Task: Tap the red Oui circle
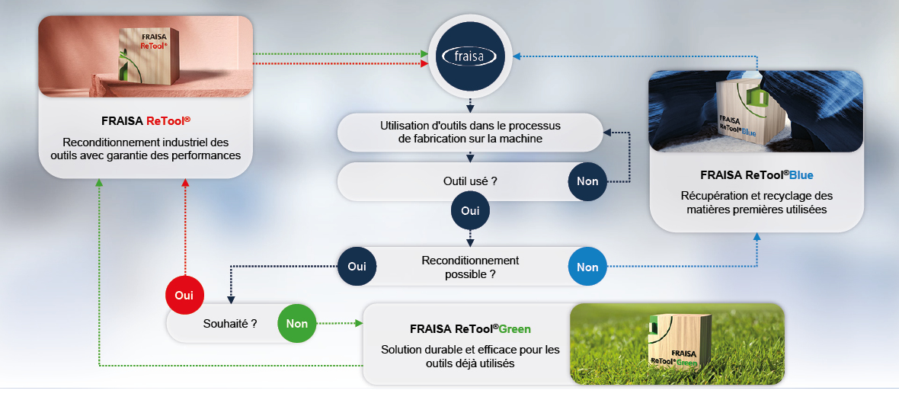(184, 296)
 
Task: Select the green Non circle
(297, 324)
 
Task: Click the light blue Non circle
(587, 267)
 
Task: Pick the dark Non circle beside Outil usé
(587, 181)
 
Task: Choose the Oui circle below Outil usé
(470, 210)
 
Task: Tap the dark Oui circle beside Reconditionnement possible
(357, 267)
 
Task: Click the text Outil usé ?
(470, 181)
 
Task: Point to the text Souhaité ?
(230, 324)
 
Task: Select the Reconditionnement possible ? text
(470, 267)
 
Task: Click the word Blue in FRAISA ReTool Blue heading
(801, 174)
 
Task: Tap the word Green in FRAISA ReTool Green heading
(514, 329)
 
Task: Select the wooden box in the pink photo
(145, 56)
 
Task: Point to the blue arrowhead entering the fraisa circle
(517, 56)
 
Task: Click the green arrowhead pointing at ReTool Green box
(360, 324)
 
